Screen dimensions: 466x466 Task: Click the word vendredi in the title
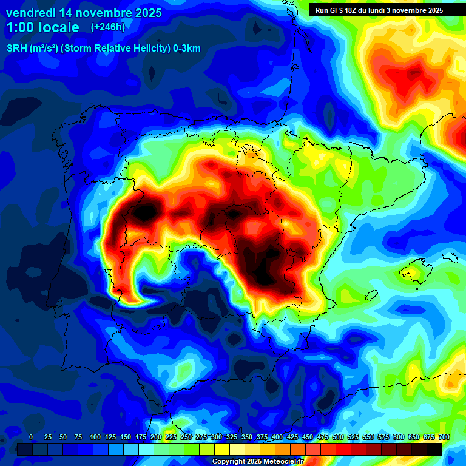pyautogui.click(x=32, y=13)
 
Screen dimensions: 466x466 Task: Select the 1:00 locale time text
pyautogui.click(x=42, y=27)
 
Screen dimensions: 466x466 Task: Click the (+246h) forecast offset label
pyautogui.click(x=107, y=27)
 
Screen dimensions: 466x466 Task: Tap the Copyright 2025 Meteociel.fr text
pyautogui.click(x=257, y=462)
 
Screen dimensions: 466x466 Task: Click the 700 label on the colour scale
pyautogui.click(x=444, y=437)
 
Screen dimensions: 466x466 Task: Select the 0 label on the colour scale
pyautogui.click(x=30, y=437)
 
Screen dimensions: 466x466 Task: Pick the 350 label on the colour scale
pyautogui.click(x=247, y=437)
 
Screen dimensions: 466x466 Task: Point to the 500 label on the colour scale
pyautogui.click(x=338, y=437)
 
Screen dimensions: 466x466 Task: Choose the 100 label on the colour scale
pyautogui.click(x=95, y=437)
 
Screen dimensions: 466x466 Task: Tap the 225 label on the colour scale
pyautogui.click(x=171, y=437)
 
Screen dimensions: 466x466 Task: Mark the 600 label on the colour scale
pyautogui.click(x=399, y=437)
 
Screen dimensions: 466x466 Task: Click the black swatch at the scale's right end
pyautogui.click(x=434, y=449)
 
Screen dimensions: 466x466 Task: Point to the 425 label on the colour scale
pyautogui.click(x=292, y=437)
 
